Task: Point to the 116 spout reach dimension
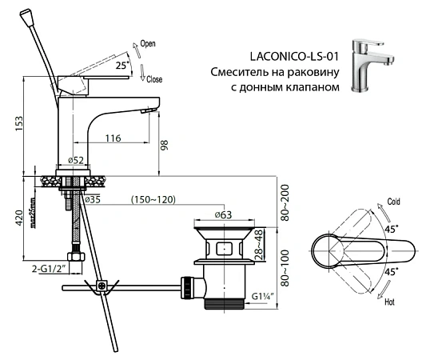[113, 138]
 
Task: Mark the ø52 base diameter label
[74, 160]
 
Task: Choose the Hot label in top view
[390, 303]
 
